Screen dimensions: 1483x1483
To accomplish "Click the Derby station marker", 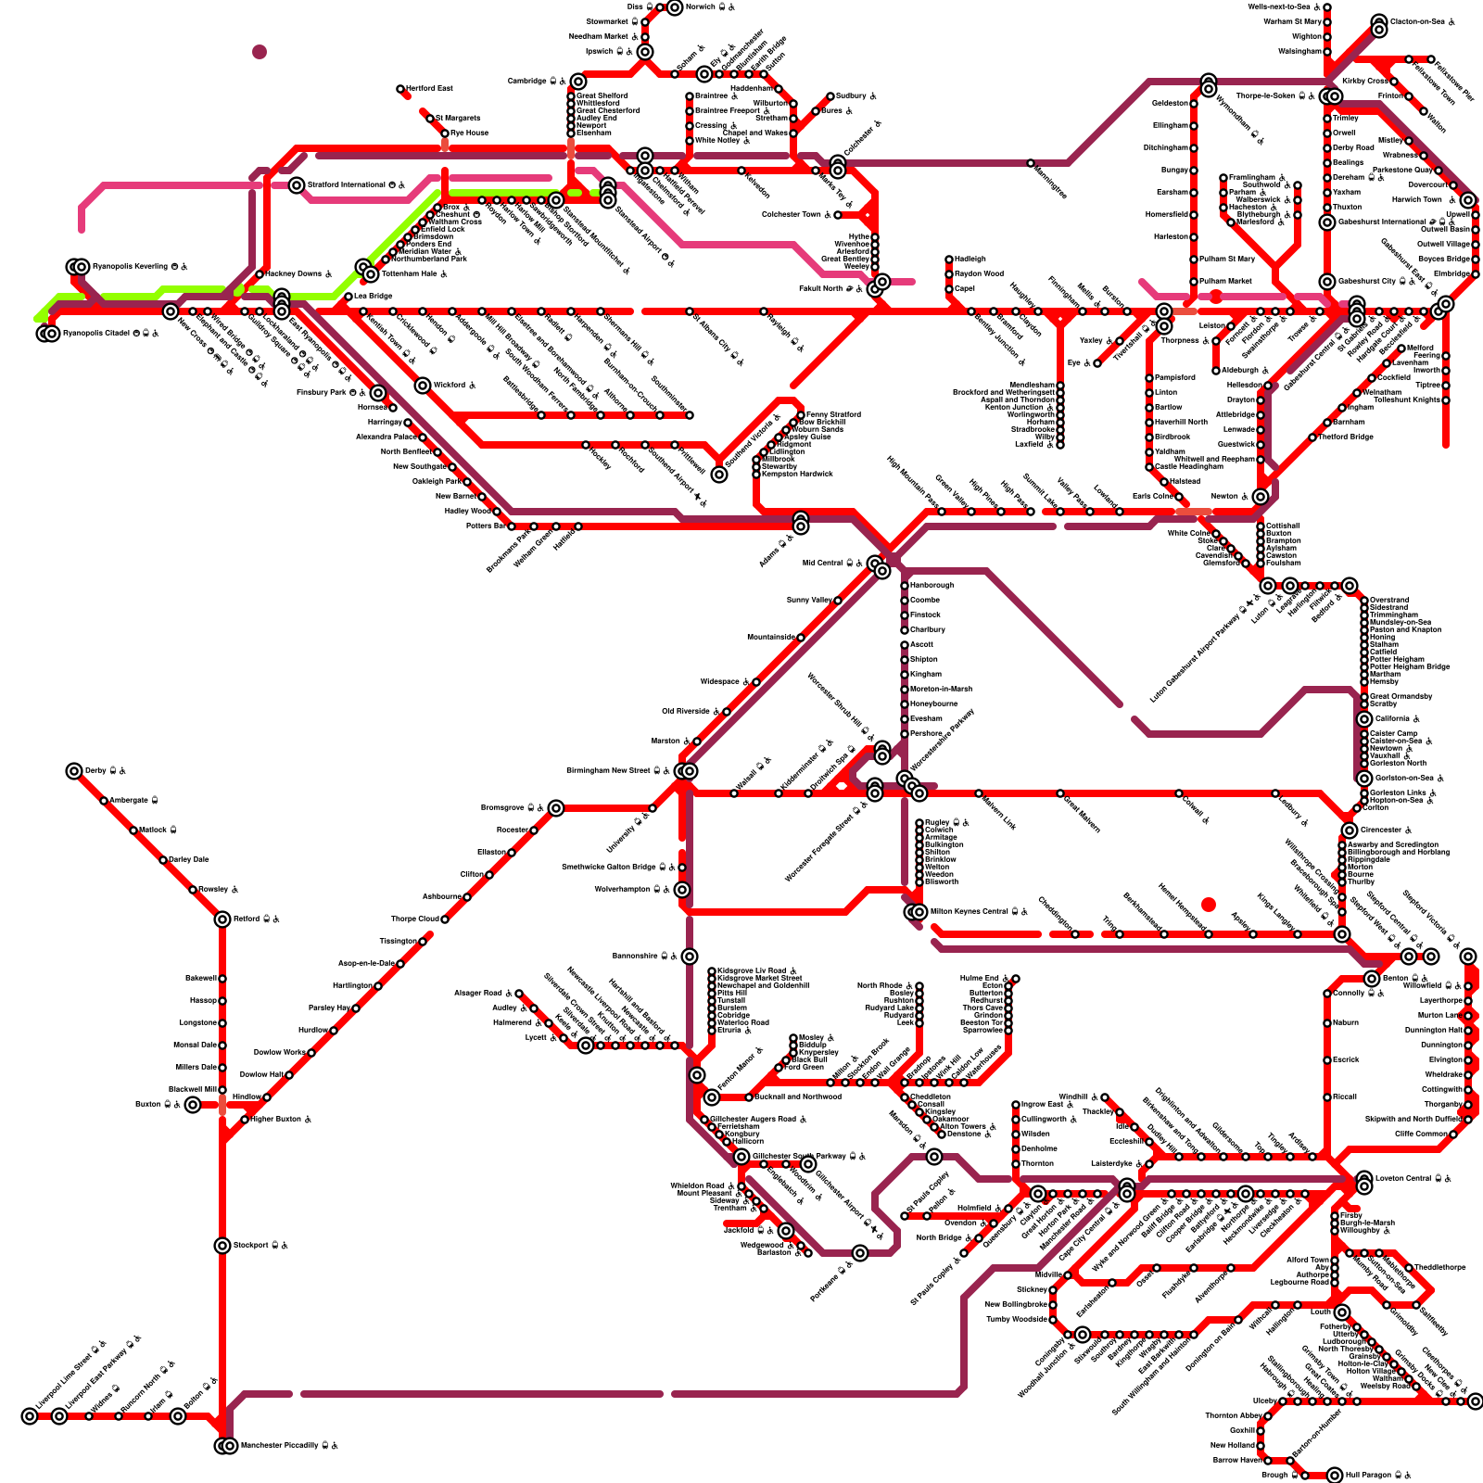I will [x=74, y=771].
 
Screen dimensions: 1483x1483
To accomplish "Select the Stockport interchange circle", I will [x=222, y=1246].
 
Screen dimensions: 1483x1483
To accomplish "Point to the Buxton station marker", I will [x=192, y=1105].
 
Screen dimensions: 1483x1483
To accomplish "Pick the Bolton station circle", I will [x=177, y=1416].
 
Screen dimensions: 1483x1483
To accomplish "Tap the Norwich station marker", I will [x=675, y=7].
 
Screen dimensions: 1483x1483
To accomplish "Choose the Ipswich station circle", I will [x=645, y=52].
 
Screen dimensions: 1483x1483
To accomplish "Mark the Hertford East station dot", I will [x=400, y=89].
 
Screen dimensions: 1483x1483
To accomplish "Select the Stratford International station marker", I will [x=297, y=185].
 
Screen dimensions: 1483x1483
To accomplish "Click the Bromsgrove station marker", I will [x=556, y=808].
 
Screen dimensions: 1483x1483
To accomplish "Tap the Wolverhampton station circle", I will [x=682, y=890].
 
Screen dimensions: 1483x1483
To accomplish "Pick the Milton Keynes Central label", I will [x=968, y=912].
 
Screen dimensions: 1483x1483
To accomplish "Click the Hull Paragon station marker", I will [x=1335, y=1475].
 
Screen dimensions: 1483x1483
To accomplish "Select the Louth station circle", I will [x=1342, y=1312].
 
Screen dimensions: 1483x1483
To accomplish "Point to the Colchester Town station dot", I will [x=838, y=215].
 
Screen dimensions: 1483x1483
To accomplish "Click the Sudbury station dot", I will [x=830, y=96].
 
